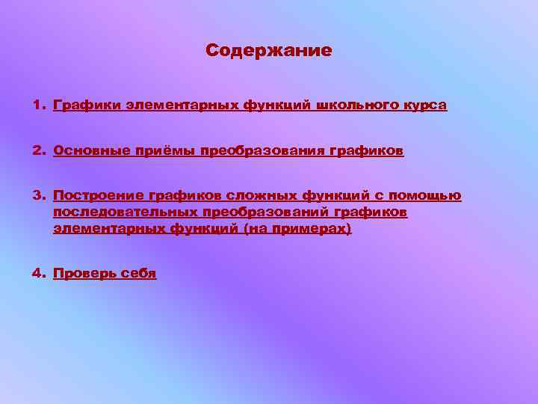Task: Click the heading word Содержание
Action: pyautogui.click(x=268, y=51)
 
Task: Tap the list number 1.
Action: pyautogui.click(x=37, y=105)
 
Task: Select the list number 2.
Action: pyautogui.click(x=37, y=150)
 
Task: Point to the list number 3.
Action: pyautogui.click(x=37, y=196)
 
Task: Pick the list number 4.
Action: pyautogui.click(x=37, y=273)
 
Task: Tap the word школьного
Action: pyautogui.click(x=364, y=105)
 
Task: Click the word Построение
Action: pyautogui.click(x=98, y=196)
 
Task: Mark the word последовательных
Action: pyautogui.click(x=124, y=212)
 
